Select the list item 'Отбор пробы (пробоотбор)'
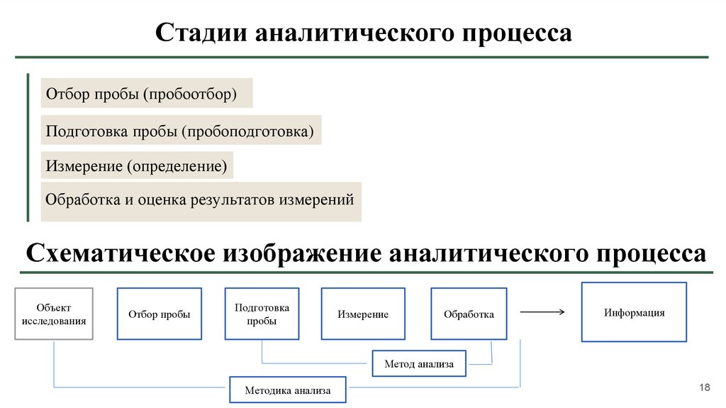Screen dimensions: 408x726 (x=147, y=94)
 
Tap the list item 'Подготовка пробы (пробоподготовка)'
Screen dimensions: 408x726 (x=180, y=131)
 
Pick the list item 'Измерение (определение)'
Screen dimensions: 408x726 (x=137, y=166)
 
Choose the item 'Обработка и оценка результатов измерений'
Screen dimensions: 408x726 (x=200, y=200)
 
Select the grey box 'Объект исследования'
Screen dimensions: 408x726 (x=54, y=314)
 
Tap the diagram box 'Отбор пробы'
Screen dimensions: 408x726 (x=159, y=314)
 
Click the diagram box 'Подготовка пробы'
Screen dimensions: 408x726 (x=262, y=314)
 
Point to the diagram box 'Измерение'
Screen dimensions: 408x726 (x=362, y=314)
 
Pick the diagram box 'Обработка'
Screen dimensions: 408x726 (x=469, y=314)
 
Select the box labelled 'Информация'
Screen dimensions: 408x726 (x=634, y=312)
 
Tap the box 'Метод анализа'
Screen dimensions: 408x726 (x=418, y=364)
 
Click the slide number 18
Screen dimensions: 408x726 (x=704, y=387)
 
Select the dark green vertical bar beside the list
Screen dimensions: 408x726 (x=28, y=148)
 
